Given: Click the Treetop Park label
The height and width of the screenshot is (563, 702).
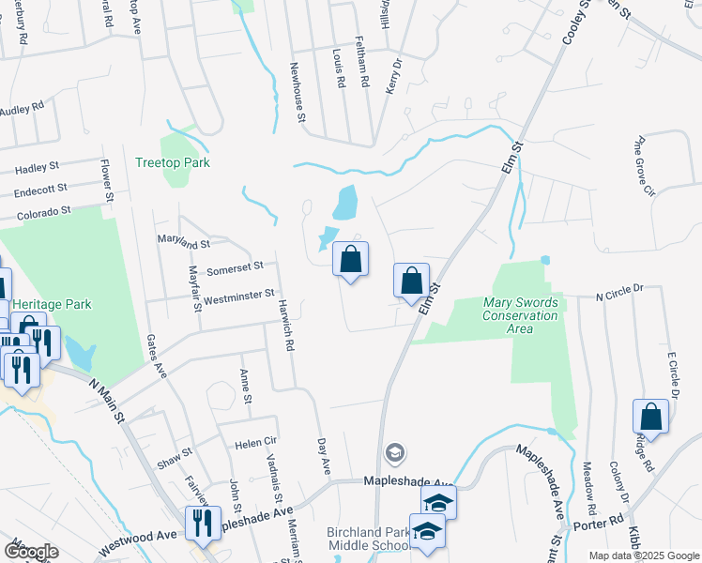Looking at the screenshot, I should [x=172, y=162].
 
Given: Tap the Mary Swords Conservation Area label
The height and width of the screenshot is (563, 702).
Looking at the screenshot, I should [x=521, y=309].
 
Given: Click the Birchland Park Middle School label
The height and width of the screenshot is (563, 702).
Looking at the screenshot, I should [x=368, y=539].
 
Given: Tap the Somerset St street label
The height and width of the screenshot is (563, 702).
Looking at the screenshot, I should [x=235, y=269].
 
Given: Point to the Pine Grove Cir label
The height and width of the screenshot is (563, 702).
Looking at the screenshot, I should [x=644, y=168].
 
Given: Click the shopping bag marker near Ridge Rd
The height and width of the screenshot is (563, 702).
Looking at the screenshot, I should [x=650, y=418].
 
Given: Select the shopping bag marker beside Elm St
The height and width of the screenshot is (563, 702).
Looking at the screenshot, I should [x=411, y=281].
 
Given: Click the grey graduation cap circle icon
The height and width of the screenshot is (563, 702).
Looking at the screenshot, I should [x=395, y=454].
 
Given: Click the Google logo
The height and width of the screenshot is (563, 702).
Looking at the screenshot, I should [x=30, y=552].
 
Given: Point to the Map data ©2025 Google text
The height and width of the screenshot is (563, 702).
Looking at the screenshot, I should [x=642, y=555].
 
